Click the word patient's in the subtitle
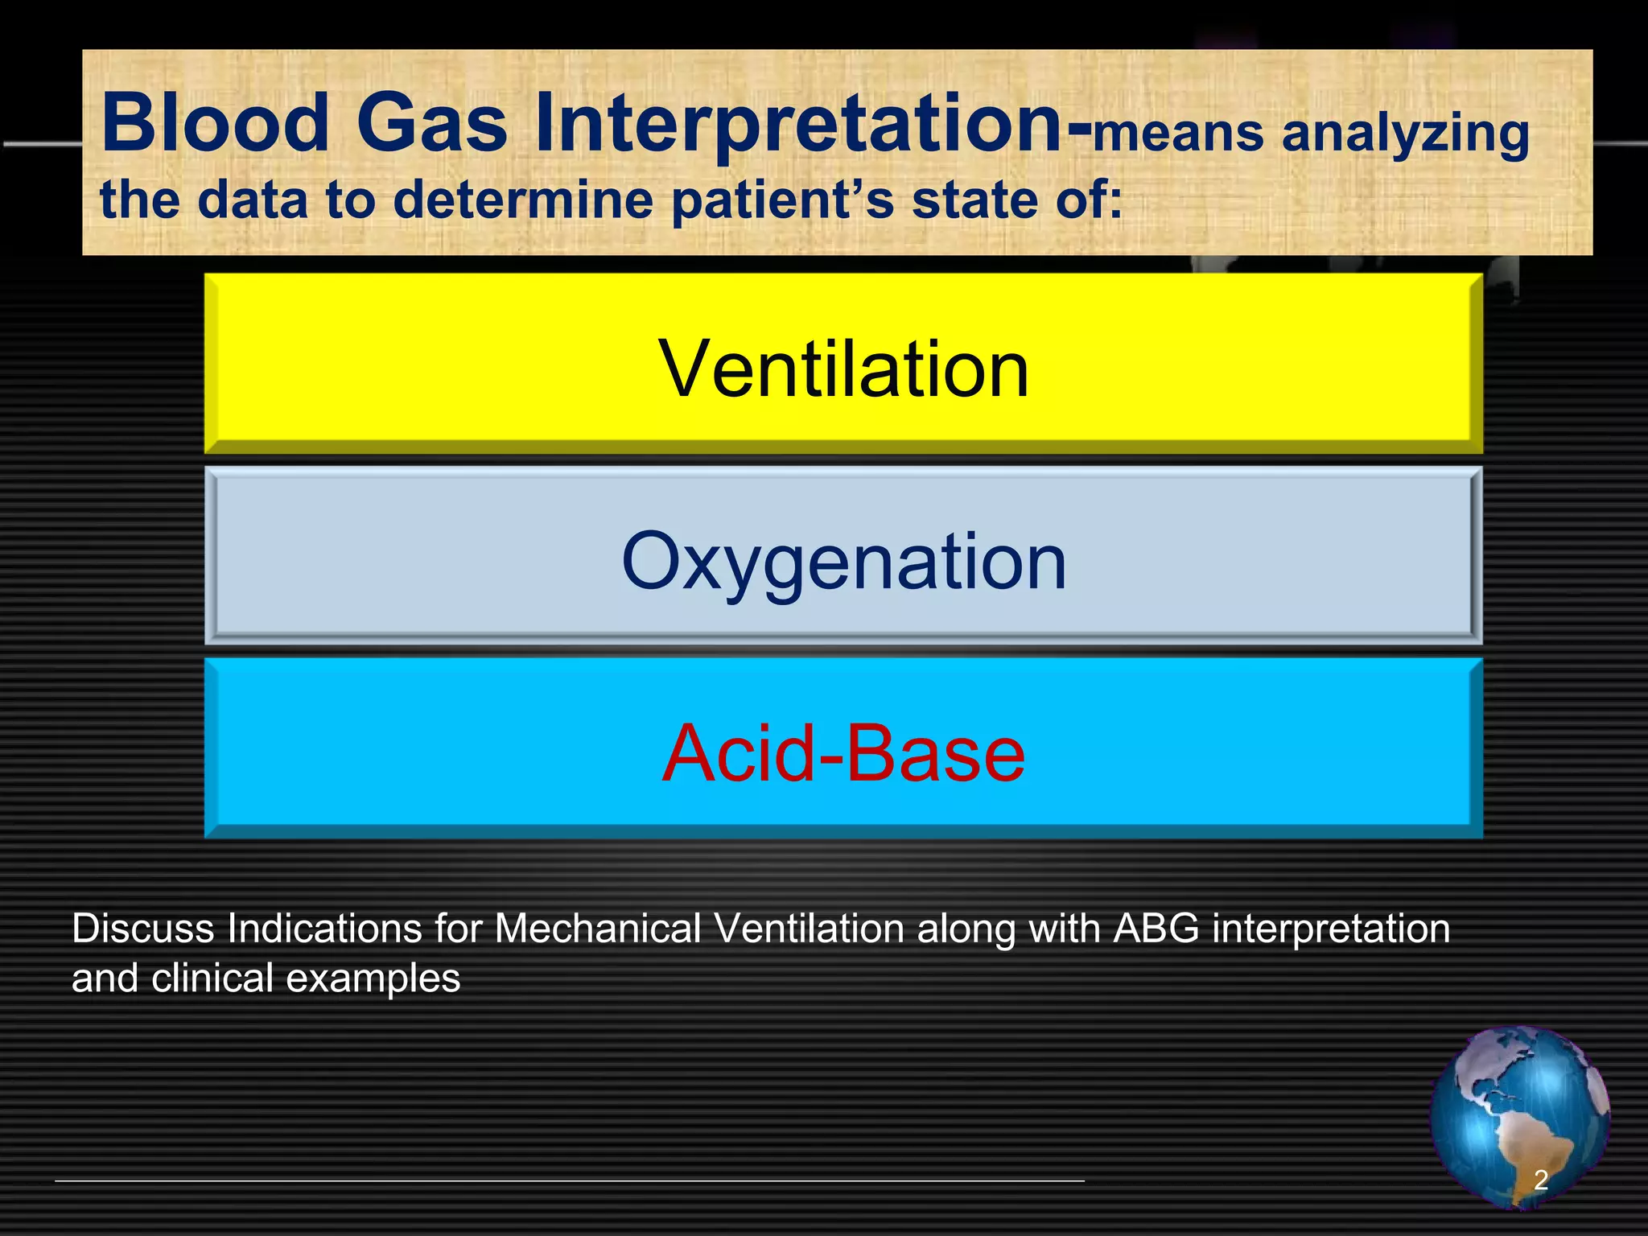click(781, 200)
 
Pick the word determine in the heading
click(523, 199)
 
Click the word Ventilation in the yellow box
click(843, 369)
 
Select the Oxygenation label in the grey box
click(843, 561)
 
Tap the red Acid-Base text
click(843, 753)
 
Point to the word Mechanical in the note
click(598, 929)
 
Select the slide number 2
click(1540, 1180)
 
